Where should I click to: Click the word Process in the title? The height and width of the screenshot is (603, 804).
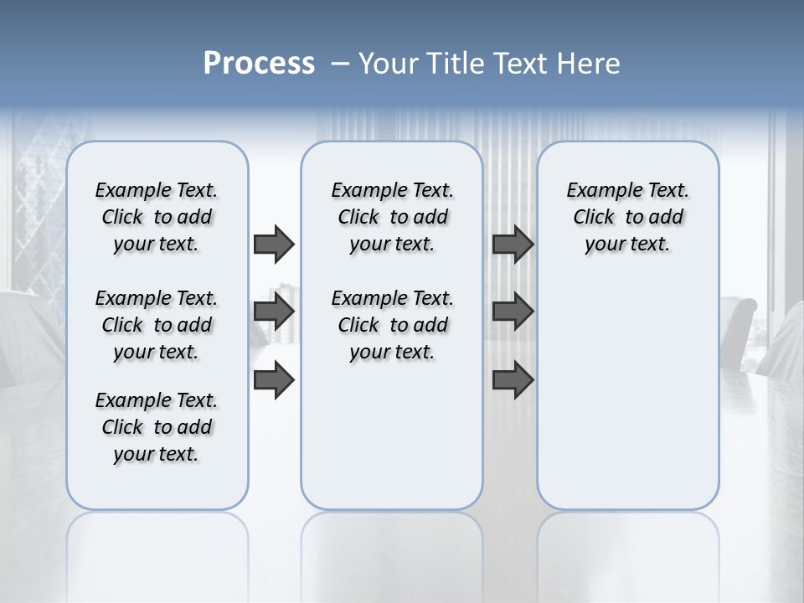[259, 64]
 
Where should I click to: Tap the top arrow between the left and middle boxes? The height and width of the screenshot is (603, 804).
[274, 244]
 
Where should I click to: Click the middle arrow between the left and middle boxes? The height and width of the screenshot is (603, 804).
[274, 312]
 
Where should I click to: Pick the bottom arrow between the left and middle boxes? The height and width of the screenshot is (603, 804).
[274, 381]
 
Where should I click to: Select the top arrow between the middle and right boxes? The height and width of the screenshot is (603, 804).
[513, 244]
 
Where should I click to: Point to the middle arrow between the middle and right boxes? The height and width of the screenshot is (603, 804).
[513, 312]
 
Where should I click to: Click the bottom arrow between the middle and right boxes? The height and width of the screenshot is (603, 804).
[513, 381]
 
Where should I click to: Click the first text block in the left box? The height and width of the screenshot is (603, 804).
[157, 217]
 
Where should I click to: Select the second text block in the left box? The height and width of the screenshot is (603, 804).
[157, 325]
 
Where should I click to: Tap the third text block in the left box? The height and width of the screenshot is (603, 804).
[157, 427]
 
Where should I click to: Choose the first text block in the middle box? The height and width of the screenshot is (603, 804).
[392, 217]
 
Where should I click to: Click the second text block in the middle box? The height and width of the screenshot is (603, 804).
[392, 325]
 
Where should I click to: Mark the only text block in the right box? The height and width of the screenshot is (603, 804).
[627, 217]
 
